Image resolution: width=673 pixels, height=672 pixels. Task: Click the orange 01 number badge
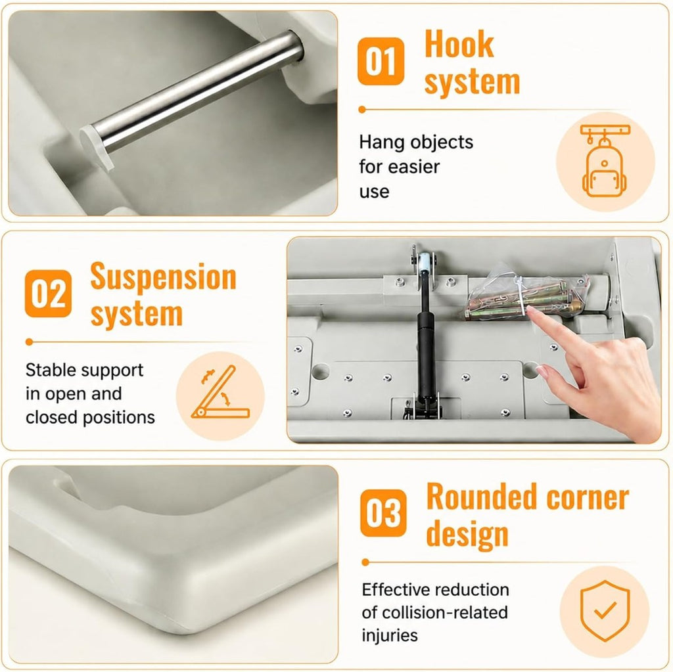coord(381,61)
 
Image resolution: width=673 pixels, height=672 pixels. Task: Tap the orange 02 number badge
coord(48,294)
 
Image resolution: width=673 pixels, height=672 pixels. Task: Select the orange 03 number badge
coord(383,513)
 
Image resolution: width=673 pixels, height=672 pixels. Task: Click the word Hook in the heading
coord(459,44)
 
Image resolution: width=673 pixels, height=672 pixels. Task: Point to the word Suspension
coord(163,277)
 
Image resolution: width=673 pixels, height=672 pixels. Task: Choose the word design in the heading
coord(467,534)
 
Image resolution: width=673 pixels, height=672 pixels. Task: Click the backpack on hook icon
coord(605,162)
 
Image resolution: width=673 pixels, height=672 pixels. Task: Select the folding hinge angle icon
coord(220,393)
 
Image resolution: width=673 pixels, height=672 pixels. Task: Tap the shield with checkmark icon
coord(605,611)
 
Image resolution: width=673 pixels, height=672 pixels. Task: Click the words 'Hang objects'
coord(416,142)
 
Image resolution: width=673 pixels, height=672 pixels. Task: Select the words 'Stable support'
coord(84,370)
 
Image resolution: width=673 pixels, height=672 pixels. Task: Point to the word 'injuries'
coord(390,635)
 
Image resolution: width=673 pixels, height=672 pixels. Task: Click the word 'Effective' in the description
coord(397,590)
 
